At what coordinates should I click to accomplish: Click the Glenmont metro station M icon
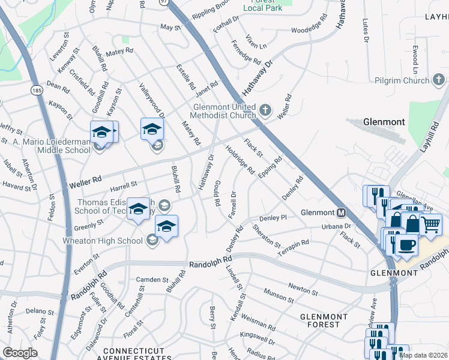(341, 212)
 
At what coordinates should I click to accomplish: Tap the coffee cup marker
(406, 245)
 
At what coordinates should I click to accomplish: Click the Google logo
(20, 352)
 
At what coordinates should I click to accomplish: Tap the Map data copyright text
(424, 355)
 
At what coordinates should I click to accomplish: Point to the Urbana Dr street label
(336, 226)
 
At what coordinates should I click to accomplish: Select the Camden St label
(152, 280)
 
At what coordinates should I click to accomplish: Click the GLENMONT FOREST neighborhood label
(324, 320)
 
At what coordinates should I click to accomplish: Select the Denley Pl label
(273, 218)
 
